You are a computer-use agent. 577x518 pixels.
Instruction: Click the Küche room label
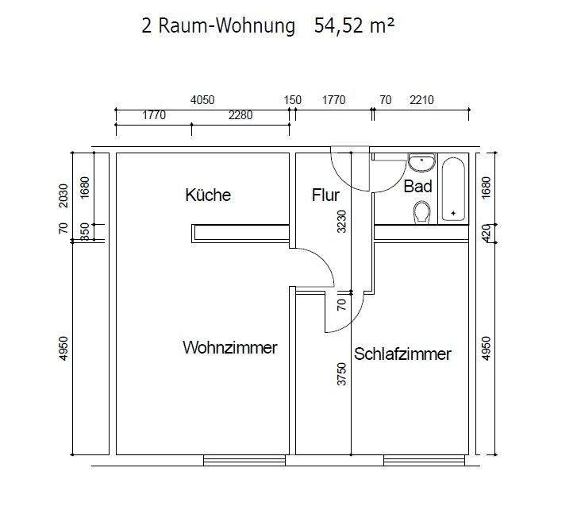[x=208, y=195]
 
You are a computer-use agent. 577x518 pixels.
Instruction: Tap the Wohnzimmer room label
[x=230, y=348]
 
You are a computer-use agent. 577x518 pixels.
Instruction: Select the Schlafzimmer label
[x=402, y=354]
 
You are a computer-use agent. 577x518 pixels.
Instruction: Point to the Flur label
[x=325, y=195]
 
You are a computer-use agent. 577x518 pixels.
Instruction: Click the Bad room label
[x=417, y=187]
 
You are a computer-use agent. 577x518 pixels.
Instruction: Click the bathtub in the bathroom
[x=454, y=190]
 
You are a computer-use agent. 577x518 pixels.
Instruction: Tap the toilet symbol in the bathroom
[x=421, y=212]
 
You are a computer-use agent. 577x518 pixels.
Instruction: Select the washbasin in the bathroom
[x=421, y=163]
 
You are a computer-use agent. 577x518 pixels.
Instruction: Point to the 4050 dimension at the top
[x=202, y=100]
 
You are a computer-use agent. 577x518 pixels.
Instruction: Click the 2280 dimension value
[x=240, y=115]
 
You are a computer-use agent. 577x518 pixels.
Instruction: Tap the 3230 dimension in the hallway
[x=342, y=221]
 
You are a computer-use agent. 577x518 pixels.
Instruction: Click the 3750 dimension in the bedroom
[x=342, y=373]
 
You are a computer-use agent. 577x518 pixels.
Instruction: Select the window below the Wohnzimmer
[x=244, y=459]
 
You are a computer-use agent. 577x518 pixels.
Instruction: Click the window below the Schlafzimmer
[x=424, y=459]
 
